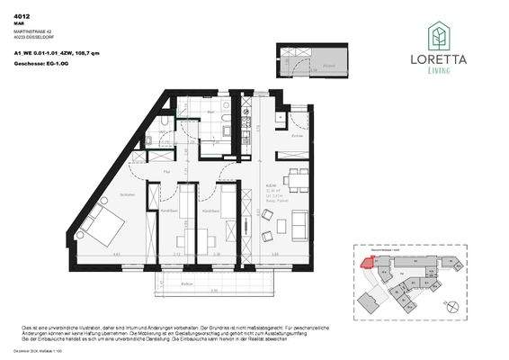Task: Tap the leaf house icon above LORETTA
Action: (x=438, y=34)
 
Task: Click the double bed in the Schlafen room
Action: (x=101, y=227)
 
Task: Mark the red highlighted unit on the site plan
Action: (x=366, y=262)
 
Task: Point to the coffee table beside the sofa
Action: (x=268, y=214)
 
